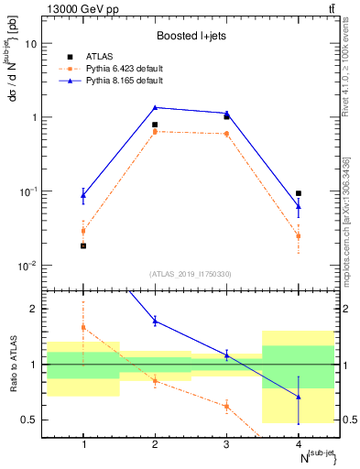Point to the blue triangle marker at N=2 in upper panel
(x=155, y=107)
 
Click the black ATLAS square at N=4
(x=299, y=193)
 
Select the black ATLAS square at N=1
(x=83, y=245)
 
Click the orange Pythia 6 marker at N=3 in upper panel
(x=226, y=134)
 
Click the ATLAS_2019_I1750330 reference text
(x=191, y=274)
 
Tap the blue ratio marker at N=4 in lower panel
(x=299, y=397)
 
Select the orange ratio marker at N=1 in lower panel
(x=83, y=327)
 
